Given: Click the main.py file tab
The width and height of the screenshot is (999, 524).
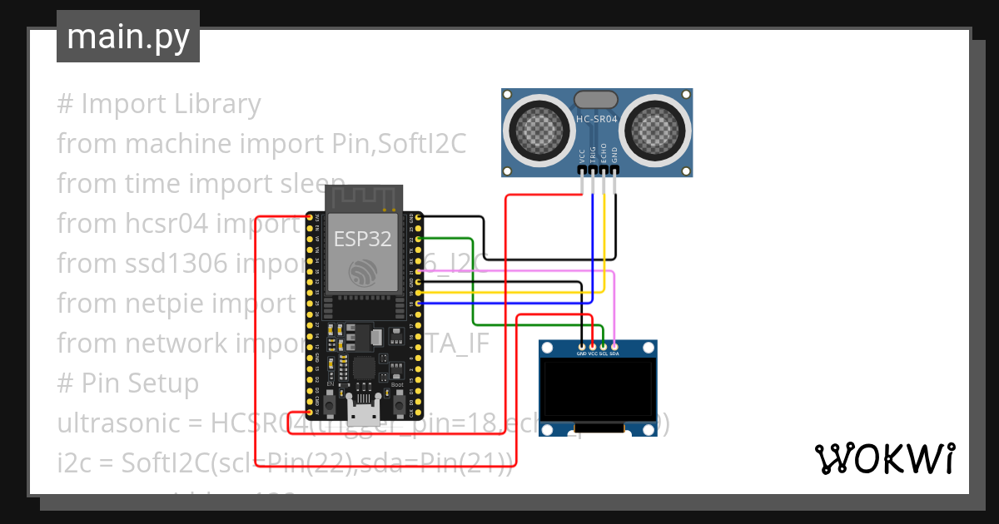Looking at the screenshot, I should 128,37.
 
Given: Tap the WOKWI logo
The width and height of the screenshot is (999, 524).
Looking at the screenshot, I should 883,458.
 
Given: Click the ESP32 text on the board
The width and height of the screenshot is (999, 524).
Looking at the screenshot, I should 363,239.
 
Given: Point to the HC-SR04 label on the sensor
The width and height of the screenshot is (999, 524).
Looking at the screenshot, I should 597,120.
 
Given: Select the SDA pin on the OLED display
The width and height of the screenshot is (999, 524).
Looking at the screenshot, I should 614,346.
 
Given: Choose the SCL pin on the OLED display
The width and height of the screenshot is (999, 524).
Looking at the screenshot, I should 604,346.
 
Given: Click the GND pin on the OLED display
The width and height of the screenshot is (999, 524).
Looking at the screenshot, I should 582,346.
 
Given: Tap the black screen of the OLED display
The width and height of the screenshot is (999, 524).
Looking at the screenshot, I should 598,388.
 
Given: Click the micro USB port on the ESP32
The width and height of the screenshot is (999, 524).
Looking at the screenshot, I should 363,413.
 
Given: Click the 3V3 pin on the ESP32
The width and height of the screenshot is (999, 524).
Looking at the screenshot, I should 310,217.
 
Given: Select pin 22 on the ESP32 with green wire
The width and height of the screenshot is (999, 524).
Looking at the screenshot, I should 418,239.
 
